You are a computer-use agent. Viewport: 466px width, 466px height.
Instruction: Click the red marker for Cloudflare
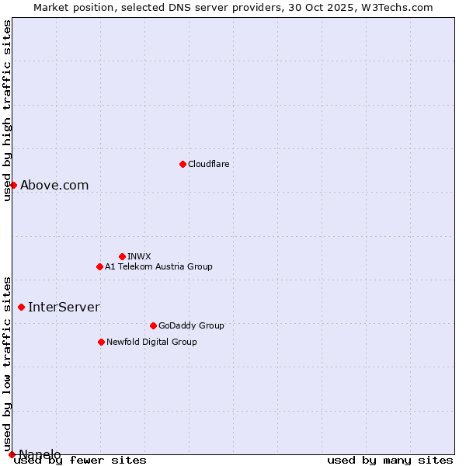click(183, 164)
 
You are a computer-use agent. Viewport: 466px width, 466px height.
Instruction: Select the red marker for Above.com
click(13, 185)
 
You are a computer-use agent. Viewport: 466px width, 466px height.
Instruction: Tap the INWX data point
click(122, 256)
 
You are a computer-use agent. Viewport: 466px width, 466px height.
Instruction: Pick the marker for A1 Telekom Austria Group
click(99, 266)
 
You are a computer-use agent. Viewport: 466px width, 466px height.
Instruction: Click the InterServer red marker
click(21, 307)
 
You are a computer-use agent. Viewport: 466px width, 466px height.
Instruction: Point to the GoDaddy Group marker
click(153, 325)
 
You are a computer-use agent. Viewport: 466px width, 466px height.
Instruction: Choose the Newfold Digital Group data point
click(101, 342)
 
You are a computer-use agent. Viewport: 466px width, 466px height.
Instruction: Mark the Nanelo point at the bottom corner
click(12, 454)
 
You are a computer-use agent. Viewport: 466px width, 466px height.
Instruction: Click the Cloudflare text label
click(208, 164)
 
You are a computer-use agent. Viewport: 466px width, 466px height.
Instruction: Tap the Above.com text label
click(54, 185)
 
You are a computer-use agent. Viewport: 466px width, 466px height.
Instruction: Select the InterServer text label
click(64, 307)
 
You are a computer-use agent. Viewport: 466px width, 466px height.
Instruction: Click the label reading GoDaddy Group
click(191, 325)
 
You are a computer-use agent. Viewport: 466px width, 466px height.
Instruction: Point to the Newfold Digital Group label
click(151, 342)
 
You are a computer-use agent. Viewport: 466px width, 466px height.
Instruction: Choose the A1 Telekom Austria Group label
click(158, 266)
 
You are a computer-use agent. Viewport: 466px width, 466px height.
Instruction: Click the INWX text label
click(139, 256)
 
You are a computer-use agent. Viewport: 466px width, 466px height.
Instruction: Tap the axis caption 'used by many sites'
click(390, 460)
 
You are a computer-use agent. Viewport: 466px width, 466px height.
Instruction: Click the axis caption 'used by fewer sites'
click(80, 460)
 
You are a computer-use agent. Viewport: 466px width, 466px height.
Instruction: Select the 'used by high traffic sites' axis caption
click(8, 110)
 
